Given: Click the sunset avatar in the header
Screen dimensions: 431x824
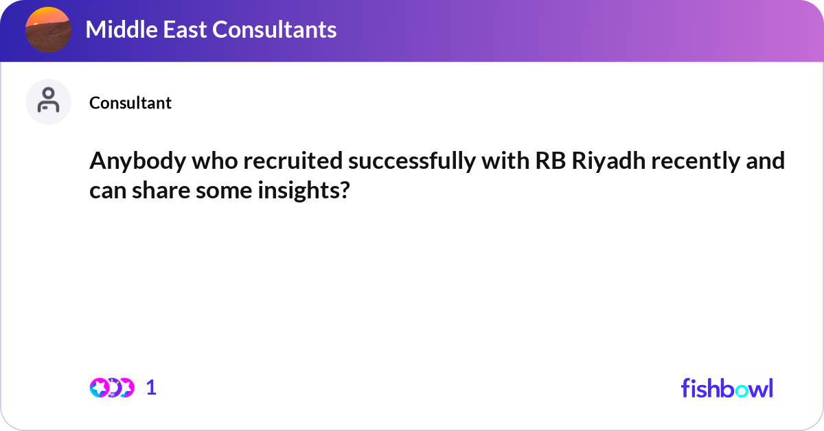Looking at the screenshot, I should (x=48, y=30).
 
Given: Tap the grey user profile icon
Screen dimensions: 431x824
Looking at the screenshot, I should (x=48, y=102).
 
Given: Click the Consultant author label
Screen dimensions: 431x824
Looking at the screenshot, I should (x=130, y=103).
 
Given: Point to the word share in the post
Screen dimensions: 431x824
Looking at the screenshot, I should (x=162, y=190).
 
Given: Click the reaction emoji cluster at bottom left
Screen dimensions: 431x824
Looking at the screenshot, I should (x=111, y=388).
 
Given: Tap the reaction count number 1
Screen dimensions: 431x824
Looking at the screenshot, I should (x=151, y=388).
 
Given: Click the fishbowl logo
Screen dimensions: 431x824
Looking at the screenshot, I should (x=726, y=388).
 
